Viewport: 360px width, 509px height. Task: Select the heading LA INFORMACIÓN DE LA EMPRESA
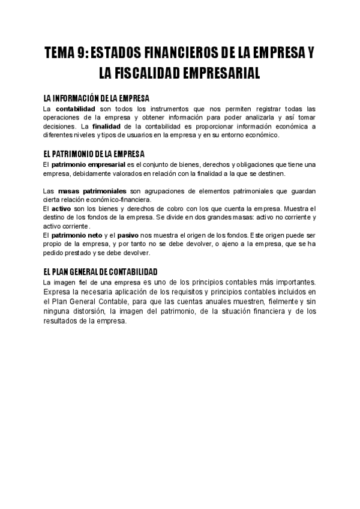[96, 98]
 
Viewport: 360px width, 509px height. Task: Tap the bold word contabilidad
[76, 109]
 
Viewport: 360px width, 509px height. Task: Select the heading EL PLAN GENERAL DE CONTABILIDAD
[101, 271]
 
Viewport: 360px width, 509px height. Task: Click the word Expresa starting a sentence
[58, 292]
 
